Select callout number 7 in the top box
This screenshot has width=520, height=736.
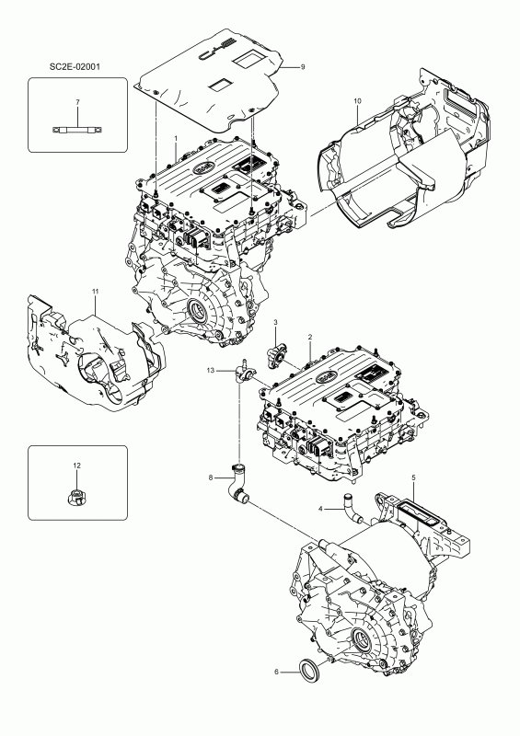click(77, 100)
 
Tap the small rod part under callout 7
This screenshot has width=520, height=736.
click(77, 130)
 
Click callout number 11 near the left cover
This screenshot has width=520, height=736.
click(94, 292)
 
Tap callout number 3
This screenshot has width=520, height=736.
click(275, 321)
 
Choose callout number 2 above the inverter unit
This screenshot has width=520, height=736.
click(310, 339)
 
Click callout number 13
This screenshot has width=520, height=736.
click(211, 370)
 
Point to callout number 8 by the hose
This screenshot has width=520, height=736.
click(211, 477)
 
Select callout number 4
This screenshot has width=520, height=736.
click(320, 509)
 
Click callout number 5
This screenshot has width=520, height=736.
click(414, 477)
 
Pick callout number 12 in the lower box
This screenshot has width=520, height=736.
click(77, 466)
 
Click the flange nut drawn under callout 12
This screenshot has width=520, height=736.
click(77, 498)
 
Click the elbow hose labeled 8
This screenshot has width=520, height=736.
click(238, 487)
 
